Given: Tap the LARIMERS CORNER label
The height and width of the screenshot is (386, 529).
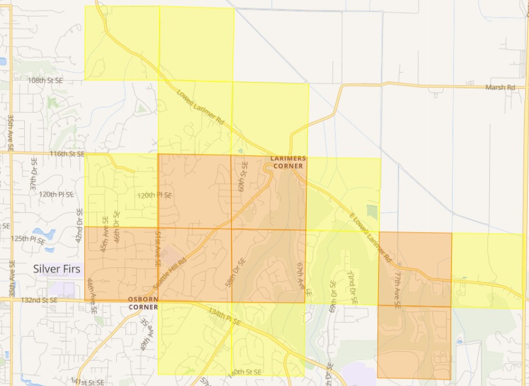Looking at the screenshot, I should (287, 163).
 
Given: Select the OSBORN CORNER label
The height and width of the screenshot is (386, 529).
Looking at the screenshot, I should (143, 303).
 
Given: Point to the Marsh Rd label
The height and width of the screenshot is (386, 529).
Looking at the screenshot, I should (500, 88).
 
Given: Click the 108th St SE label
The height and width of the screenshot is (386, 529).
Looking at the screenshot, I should (45, 81).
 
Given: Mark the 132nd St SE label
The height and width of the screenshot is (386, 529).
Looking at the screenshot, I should (39, 300).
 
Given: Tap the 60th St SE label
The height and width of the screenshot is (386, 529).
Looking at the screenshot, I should (243, 176).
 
